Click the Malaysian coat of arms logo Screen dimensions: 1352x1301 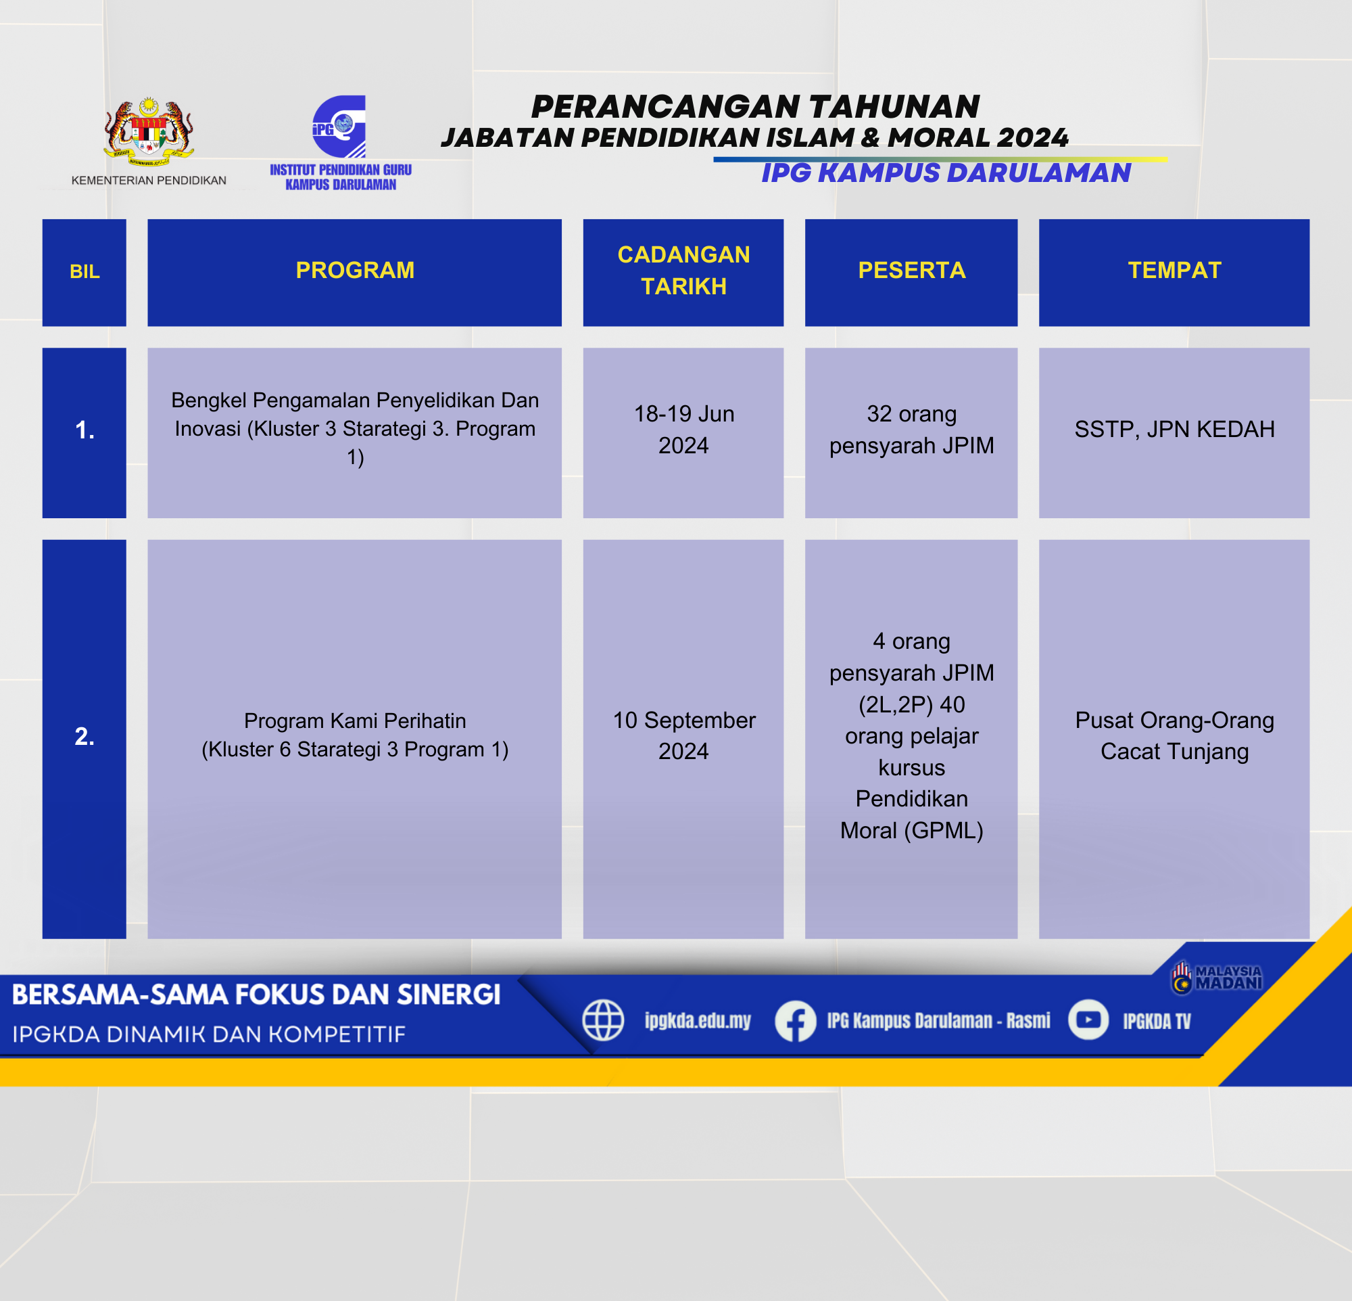(148, 132)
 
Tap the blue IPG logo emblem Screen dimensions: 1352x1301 (339, 127)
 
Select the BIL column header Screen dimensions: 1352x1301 (84, 273)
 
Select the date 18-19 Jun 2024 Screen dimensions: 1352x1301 (683, 430)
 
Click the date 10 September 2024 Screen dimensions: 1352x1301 (683, 735)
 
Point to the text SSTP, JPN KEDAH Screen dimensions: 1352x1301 (1174, 430)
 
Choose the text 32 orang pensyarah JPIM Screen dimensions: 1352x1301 (911, 430)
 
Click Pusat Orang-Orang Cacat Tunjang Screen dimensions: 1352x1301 (1174, 735)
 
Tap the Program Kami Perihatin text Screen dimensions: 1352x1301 (354, 721)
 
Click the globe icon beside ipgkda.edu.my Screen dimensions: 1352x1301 (603, 1020)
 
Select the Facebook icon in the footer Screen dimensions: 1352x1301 (796, 1021)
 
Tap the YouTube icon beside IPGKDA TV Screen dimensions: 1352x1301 (1088, 1020)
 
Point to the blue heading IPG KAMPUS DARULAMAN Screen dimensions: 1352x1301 (946, 173)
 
